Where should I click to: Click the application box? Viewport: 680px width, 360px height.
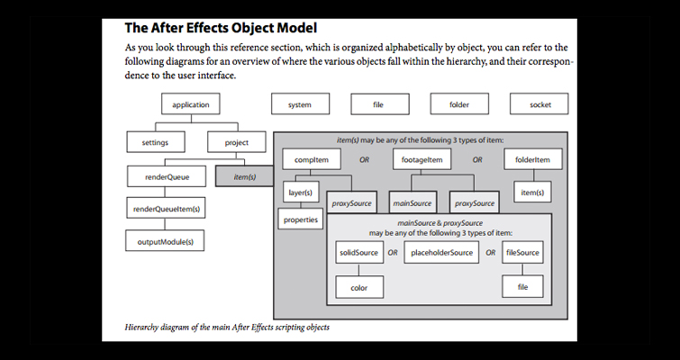click(190, 105)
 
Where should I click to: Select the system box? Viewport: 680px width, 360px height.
click(300, 105)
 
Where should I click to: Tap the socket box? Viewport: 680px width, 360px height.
click(540, 105)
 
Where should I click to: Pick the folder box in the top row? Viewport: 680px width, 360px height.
click(459, 105)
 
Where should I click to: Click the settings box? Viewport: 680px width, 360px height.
click(155, 142)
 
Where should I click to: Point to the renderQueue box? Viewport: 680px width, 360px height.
click(167, 177)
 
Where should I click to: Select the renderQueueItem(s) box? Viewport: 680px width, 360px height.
click(167, 210)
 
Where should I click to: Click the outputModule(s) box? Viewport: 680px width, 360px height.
click(167, 242)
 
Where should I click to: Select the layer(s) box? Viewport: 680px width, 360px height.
click(299, 193)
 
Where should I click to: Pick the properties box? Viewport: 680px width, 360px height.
click(301, 219)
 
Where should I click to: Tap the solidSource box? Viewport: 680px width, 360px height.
click(358, 253)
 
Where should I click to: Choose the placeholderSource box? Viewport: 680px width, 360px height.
click(442, 253)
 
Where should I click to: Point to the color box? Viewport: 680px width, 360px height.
click(358, 287)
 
